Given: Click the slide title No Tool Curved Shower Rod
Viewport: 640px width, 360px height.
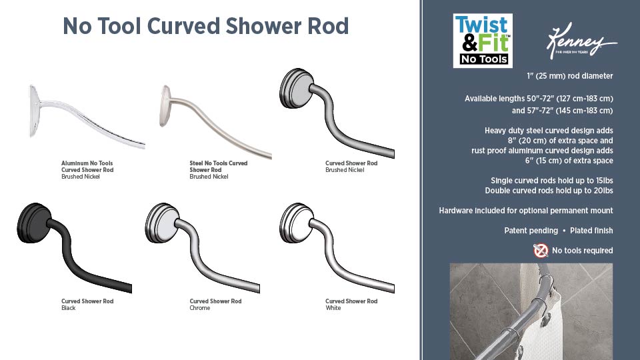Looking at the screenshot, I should pyautogui.click(x=205, y=26).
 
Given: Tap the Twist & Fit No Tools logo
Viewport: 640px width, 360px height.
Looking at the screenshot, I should pyautogui.click(x=482, y=40).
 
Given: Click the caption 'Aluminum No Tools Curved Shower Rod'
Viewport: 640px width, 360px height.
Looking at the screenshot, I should pyautogui.click(x=87, y=166).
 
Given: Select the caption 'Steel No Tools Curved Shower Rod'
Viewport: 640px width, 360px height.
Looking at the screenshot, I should pyautogui.click(x=218, y=166).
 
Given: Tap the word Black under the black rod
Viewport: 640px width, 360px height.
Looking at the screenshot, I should pyautogui.click(x=69, y=308).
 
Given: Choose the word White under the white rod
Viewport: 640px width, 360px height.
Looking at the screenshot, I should pyautogui.click(x=333, y=308).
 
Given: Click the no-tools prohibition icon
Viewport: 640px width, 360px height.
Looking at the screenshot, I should pyautogui.click(x=541, y=251).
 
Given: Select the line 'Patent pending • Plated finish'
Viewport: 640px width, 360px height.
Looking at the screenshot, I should pyautogui.click(x=558, y=231).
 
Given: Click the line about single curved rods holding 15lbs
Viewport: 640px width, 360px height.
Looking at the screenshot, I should pyautogui.click(x=551, y=181).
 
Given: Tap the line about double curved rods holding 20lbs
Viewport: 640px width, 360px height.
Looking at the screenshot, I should pyautogui.click(x=549, y=191).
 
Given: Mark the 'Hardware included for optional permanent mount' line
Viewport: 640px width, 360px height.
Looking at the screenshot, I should pyautogui.click(x=525, y=211).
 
